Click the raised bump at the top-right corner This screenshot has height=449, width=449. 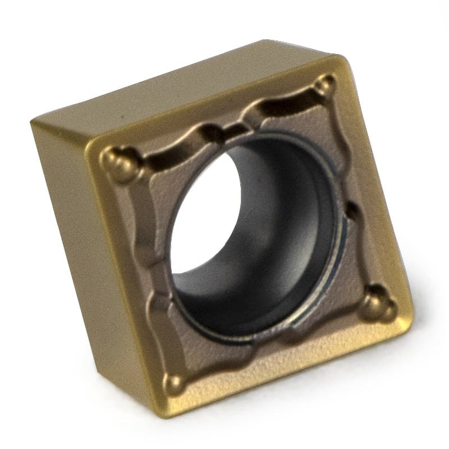pos(324,85)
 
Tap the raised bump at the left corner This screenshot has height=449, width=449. pos(119,161)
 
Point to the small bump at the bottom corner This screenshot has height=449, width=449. pos(176,383)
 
